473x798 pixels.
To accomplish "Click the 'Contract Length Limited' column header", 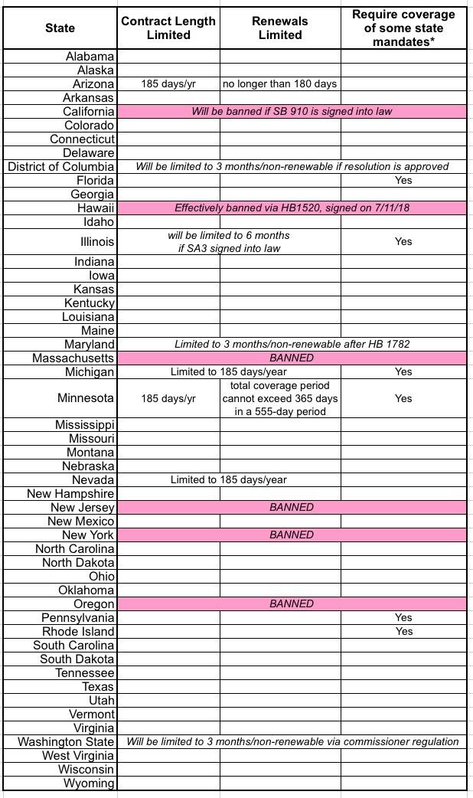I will [168, 28].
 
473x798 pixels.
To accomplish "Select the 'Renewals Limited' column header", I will [280, 28].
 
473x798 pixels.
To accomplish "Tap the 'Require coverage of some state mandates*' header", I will [403, 28].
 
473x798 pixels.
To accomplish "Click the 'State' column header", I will [60, 28].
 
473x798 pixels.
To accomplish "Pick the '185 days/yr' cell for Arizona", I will [168, 83].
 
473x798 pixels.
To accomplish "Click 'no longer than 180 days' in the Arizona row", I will [280, 83].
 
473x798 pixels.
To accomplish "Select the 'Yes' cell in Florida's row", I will [403, 180].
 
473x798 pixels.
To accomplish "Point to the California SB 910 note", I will [292, 111].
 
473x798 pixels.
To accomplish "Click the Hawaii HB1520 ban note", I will [292, 208].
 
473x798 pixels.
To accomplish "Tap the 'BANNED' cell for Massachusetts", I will [292, 358].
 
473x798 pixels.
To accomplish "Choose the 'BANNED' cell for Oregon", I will [292, 603].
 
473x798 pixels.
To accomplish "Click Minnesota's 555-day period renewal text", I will [280, 398].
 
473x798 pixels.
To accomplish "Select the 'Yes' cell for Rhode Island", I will [403, 631].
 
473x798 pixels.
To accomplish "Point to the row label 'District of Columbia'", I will [61, 166].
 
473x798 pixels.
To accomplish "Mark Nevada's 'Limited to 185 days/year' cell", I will [229, 479].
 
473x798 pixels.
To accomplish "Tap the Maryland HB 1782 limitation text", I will [292, 344].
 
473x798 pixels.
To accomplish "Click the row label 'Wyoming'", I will [89, 783].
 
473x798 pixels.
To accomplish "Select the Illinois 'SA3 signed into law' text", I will [229, 248].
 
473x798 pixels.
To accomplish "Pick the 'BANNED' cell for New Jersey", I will [292, 507].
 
